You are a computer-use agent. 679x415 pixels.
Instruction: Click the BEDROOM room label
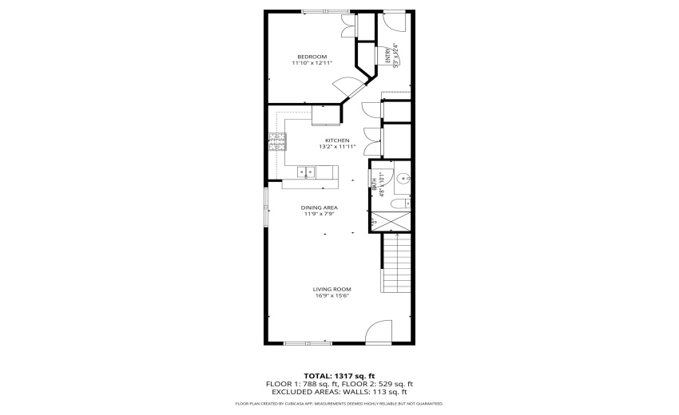click(312, 56)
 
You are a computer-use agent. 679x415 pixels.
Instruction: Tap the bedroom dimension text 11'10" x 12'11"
click(312, 63)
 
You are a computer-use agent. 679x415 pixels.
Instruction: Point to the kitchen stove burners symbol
click(277, 141)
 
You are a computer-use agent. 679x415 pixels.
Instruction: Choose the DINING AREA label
click(319, 207)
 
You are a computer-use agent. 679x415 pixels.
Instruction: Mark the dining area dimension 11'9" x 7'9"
click(319, 214)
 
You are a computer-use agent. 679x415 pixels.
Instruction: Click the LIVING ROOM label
click(332, 289)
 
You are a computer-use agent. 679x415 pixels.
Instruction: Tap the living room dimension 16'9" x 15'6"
click(332, 296)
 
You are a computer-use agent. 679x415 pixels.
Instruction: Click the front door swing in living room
click(379, 334)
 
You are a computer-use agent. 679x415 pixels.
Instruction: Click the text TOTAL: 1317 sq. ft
click(339, 376)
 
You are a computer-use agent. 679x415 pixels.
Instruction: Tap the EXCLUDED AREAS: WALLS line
click(339, 392)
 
